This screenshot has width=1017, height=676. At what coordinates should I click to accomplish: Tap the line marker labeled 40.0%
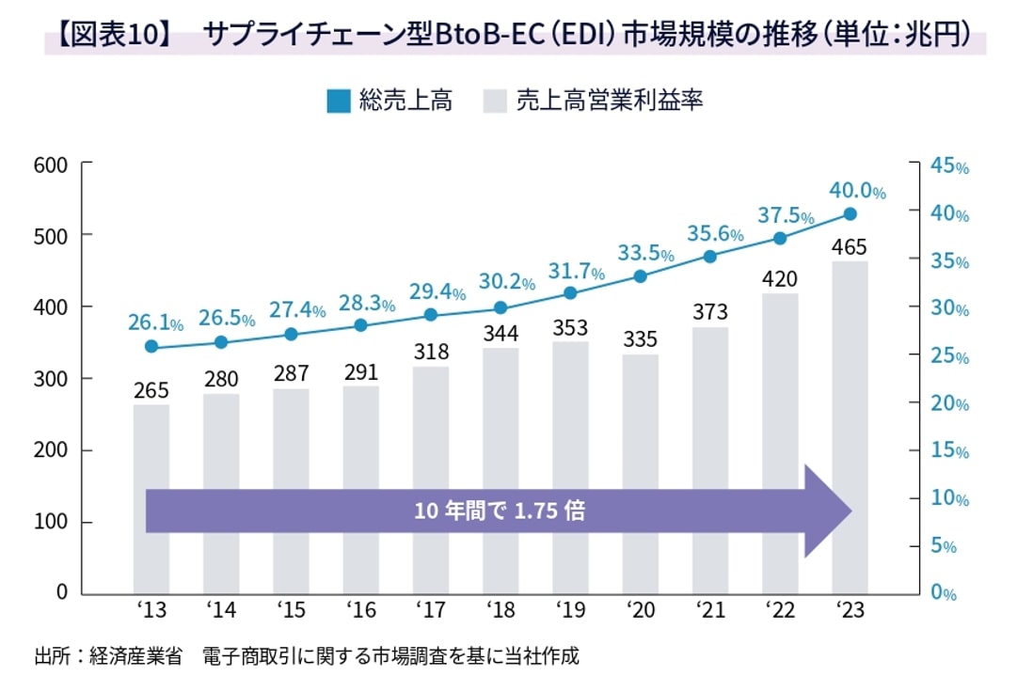click(850, 214)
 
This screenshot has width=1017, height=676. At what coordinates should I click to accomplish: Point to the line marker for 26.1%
click(151, 347)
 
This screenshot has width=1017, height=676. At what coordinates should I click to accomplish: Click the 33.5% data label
click(645, 253)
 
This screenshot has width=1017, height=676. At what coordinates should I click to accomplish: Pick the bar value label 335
click(640, 338)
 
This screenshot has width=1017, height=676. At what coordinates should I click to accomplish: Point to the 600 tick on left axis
click(49, 164)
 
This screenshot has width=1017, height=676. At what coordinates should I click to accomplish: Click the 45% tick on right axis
click(948, 165)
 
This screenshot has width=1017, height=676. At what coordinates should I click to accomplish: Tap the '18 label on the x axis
click(501, 612)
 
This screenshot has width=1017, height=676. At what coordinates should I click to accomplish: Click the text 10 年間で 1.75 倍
click(500, 511)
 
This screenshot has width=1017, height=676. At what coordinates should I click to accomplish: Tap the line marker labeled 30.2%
click(501, 307)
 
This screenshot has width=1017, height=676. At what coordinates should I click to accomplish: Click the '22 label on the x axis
click(780, 612)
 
